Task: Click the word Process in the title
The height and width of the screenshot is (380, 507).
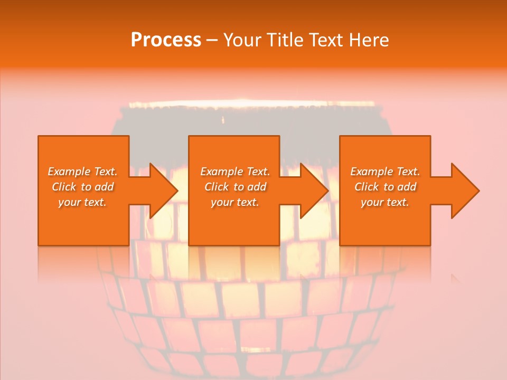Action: click(166, 40)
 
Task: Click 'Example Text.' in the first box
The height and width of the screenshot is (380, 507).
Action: click(82, 172)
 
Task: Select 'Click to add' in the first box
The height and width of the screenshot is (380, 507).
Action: click(82, 187)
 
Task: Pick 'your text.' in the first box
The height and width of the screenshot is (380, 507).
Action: click(82, 202)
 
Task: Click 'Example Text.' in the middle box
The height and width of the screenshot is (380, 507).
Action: click(235, 172)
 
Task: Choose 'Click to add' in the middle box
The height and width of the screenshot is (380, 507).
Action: click(235, 187)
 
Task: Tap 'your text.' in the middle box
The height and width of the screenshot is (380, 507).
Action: click(235, 202)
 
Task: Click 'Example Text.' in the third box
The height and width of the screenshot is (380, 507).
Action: click(385, 172)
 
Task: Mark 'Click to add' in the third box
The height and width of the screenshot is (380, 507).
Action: click(385, 187)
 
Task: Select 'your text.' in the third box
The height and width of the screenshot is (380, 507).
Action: click(385, 202)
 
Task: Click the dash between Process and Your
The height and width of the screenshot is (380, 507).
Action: click(211, 41)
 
